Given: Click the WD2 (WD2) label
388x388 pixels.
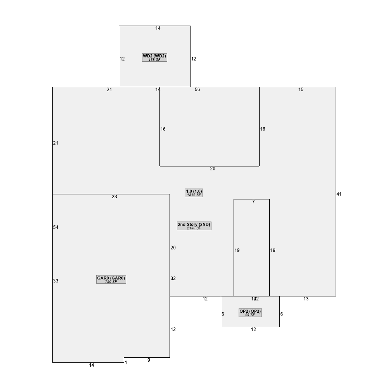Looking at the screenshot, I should pyautogui.click(x=154, y=56).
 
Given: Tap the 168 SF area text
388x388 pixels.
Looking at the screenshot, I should pyautogui.click(x=154, y=60).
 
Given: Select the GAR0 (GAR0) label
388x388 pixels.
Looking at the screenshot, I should pyautogui.click(x=111, y=278).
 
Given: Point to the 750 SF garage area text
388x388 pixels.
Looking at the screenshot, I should pyautogui.click(x=111, y=282).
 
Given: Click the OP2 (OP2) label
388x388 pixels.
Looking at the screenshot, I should pyautogui.click(x=250, y=311).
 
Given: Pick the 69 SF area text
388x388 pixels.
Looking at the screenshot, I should pyautogui.click(x=250, y=315).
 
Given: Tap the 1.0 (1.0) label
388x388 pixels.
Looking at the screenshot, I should pyautogui.click(x=194, y=191).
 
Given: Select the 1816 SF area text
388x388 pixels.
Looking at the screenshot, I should pyautogui.click(x=194, y=195).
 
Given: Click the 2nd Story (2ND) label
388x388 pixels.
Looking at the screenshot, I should pyautogui.click(x=194, y=224).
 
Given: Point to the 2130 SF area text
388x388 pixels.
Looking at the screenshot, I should pyautogui.click(x=194, y=228).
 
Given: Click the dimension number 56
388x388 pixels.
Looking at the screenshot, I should pyautogui.click(x=197, y=90).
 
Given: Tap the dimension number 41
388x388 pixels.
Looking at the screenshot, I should pyautogui.click(x=339, y=194).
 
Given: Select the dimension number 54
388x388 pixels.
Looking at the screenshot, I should pyautogui.click(x=56, y=227).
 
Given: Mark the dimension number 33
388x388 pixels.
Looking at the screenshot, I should pyautogui.click(x=56, y=281).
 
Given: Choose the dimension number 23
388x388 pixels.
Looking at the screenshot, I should pyautogui.click(x=114, y=197).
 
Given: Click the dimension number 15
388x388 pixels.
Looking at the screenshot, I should pyautogui.click(x=301, y=90).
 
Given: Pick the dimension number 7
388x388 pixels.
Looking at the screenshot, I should pyautogui.click(x=253, y=202).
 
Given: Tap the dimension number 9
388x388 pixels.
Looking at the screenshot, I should pyautogui.click(x=149, y=360).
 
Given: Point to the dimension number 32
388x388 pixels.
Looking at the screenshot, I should pyautogui.click(x=173, y=278).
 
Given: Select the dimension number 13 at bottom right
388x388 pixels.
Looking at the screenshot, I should pyautogui.click(x=306, y=299).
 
